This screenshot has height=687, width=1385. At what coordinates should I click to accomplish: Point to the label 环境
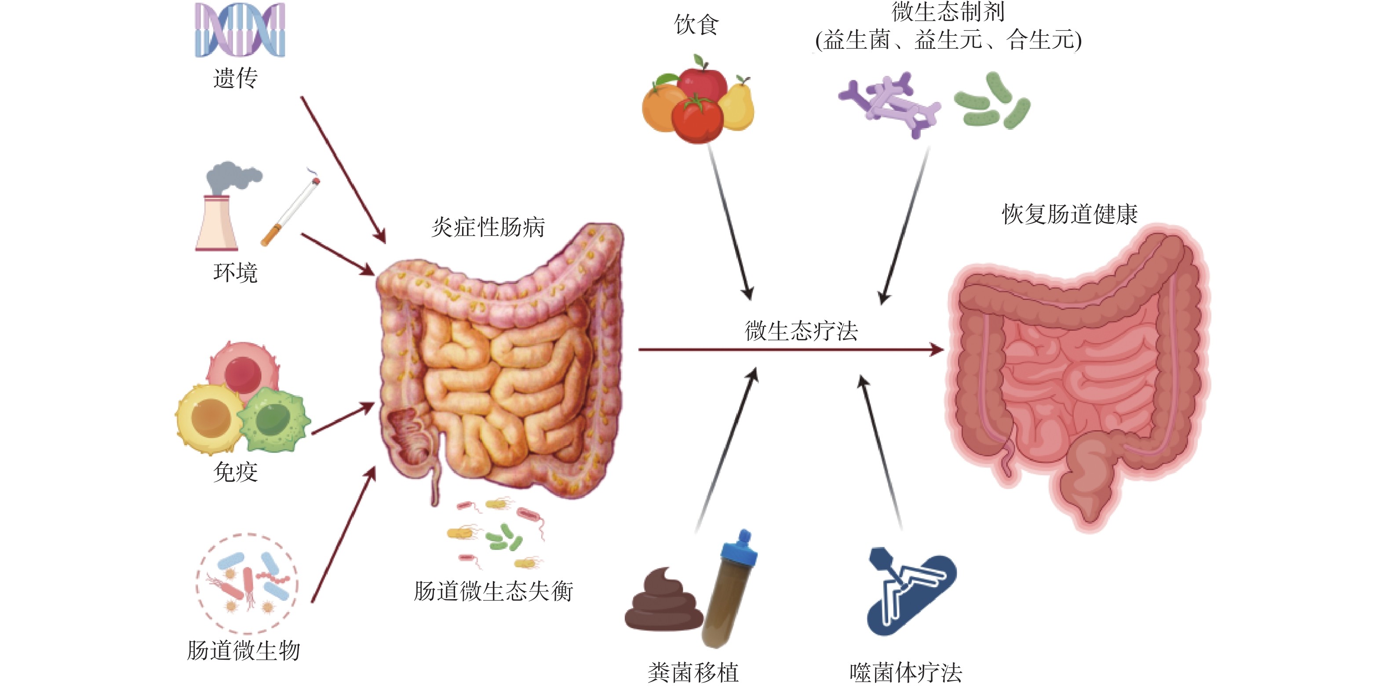(236, 273)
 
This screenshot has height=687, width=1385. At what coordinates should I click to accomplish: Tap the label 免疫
(236, 472)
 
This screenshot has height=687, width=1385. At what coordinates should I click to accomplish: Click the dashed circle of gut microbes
(247, 583)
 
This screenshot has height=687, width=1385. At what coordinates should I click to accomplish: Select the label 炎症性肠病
(488, 227)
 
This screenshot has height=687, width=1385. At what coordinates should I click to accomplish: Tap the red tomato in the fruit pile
(698, 120)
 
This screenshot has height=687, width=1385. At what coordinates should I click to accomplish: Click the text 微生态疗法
(801, 330)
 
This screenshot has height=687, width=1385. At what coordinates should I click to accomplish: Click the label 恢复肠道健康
(1069, 214)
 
